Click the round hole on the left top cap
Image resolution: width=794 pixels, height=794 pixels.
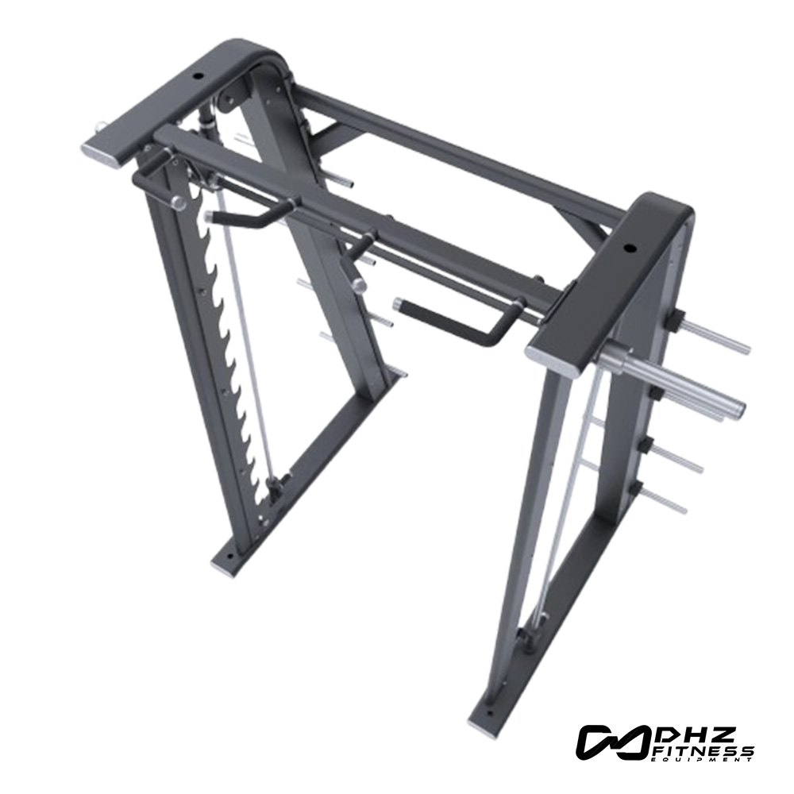point(196,78)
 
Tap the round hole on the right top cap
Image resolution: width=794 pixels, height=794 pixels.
point(630,248)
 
